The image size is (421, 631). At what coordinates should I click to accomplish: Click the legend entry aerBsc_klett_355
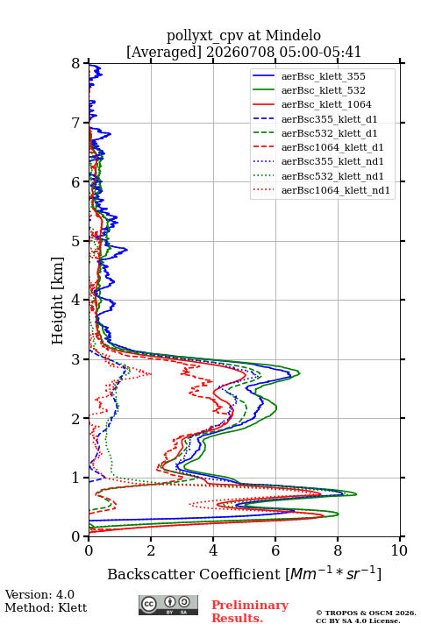323,76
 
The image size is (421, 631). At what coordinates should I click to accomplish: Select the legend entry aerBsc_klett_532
323,90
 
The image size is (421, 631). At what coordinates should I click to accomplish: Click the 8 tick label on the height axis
76,64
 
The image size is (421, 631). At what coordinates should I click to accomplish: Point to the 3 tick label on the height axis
76,359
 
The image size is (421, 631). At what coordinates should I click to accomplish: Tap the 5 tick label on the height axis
76,241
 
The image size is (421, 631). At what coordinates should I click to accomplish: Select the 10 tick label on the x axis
399,550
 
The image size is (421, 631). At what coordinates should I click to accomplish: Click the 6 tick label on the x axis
275,550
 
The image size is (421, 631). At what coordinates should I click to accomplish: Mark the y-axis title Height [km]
58,301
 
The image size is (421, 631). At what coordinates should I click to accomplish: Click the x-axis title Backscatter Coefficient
193,574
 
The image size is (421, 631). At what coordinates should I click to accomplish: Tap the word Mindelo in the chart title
293,35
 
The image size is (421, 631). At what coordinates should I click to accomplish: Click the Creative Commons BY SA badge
168,605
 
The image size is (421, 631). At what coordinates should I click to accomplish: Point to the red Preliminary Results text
250,612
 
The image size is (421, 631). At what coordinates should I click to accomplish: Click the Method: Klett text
46,607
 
